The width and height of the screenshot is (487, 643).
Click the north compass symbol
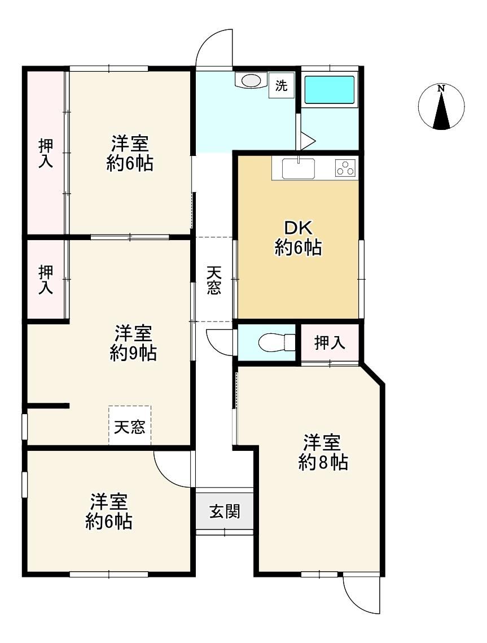point(441,107)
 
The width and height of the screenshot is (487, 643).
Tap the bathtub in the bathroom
point(330,90)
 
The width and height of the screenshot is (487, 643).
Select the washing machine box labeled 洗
point(281,85)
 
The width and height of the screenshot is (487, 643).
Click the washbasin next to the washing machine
point(251,80)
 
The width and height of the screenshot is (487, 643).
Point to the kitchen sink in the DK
point(299,168)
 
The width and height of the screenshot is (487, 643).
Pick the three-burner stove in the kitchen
point(346,167)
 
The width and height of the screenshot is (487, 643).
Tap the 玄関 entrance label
point(225,511)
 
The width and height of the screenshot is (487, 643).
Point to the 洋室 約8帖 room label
point(323,452)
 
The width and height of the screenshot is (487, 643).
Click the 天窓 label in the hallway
point(214,280)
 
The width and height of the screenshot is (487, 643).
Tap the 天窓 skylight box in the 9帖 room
point(129,425)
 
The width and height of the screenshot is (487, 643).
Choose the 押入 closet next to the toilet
point(330,343)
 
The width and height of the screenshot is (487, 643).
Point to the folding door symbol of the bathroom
point(306,141)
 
